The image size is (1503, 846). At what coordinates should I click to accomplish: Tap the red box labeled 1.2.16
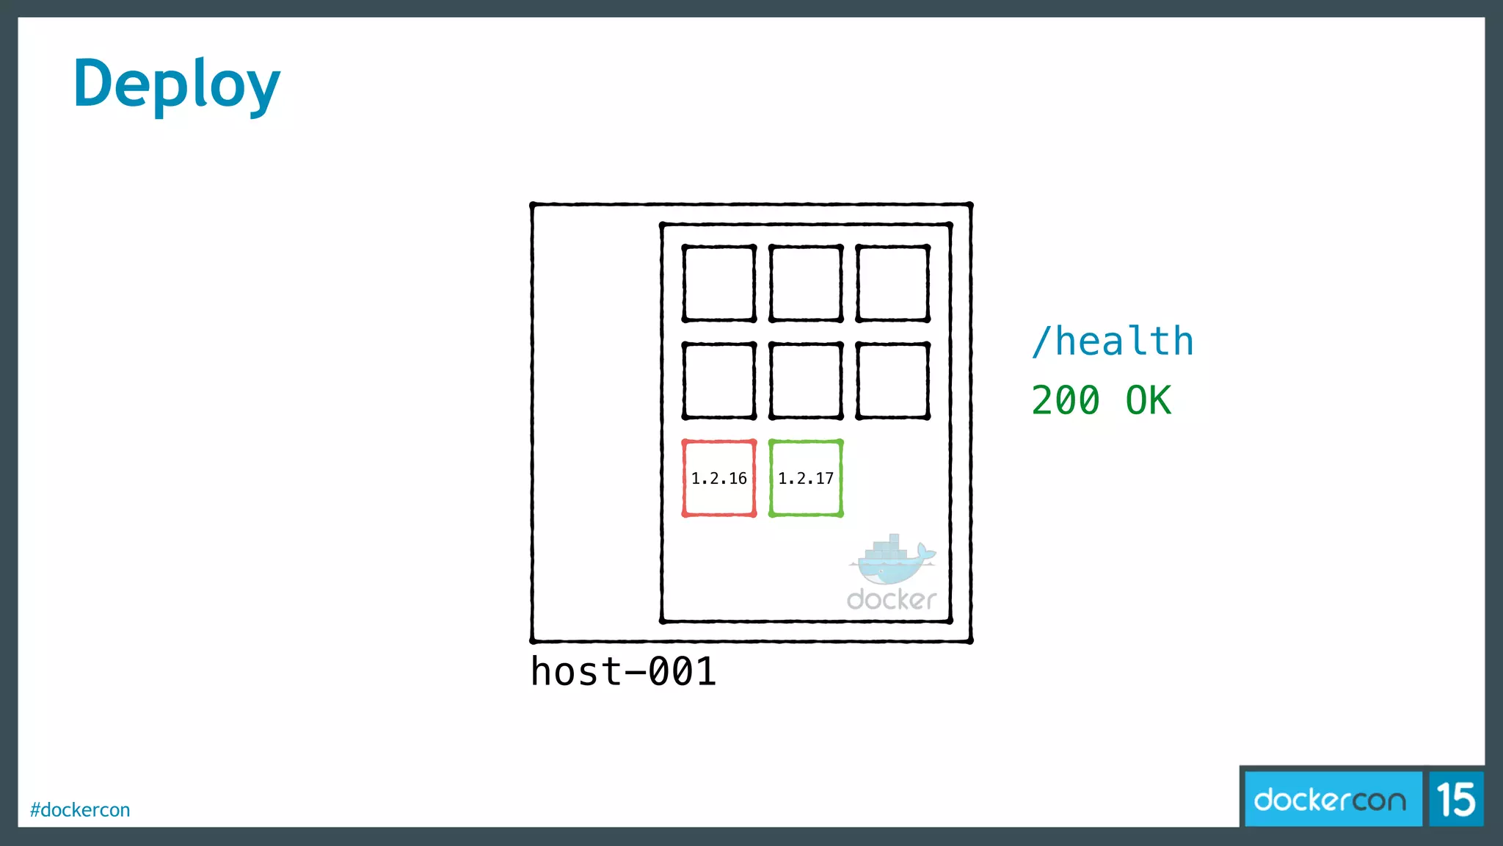point(718,478)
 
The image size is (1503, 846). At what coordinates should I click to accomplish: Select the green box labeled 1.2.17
point(805,478)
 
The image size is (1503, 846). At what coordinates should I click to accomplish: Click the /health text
point(1112,341)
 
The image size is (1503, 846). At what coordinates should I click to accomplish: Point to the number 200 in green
point(1065,401)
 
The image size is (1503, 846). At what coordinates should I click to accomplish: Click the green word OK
point(1149,401)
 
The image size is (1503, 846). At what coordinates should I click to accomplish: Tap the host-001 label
point(623,671)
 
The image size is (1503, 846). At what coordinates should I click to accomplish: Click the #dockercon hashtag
point(80,810)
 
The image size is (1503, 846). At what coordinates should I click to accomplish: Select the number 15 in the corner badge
point(1456,800)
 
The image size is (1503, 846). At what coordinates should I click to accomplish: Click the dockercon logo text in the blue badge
point(1330,800)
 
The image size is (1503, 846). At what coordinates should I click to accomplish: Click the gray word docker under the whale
point(891,599)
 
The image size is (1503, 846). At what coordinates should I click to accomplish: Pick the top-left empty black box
point(718,283)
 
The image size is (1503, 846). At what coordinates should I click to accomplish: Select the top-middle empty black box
point(805,283)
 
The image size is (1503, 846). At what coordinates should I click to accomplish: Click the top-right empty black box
point(892,283)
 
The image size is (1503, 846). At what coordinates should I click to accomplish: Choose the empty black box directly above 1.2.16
point(718,380)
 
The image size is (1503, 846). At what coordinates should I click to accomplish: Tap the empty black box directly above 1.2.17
point(805,380)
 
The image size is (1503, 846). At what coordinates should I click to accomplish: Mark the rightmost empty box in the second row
point(892,380)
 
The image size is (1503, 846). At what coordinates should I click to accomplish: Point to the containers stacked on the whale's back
point(888,547)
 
